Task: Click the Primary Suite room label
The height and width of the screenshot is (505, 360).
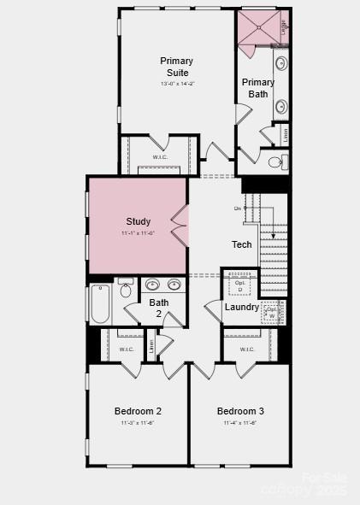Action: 177,67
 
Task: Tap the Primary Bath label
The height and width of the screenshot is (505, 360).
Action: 258,88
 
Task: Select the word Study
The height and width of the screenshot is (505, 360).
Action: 139,221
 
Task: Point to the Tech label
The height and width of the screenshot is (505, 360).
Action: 242,244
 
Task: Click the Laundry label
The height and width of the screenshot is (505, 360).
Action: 242,307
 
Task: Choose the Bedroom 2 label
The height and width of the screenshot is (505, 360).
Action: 139,411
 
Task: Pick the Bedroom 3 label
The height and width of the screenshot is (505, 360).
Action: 240,411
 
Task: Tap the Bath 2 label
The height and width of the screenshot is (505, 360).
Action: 159,308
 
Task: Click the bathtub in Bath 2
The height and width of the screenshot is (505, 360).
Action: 100,304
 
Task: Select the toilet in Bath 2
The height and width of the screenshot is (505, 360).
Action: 125,289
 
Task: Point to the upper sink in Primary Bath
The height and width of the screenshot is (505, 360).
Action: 280,64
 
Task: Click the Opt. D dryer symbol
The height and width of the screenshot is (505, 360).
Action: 240,285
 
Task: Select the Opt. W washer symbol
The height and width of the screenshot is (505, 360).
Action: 271,313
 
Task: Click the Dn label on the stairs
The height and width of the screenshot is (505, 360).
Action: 238,208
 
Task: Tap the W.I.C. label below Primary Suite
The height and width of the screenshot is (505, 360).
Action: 160,157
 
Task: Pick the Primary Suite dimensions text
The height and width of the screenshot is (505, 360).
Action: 177,83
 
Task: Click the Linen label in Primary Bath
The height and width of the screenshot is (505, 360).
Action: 285,134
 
